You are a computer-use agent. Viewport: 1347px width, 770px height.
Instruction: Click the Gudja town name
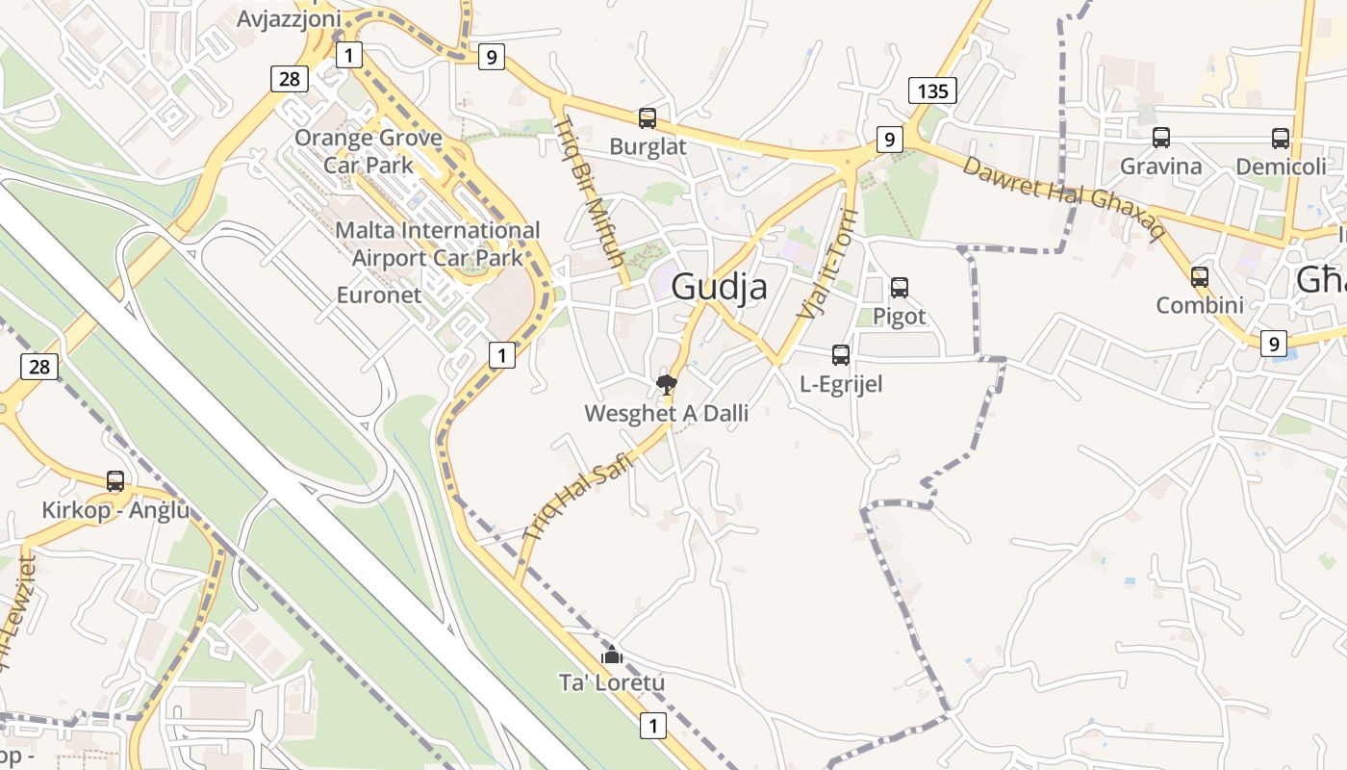(x=719, y=286)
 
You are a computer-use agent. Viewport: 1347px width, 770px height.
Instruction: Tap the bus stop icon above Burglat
(x=648, y=118)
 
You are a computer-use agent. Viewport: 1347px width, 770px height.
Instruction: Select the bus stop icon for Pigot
(x=900, y=287)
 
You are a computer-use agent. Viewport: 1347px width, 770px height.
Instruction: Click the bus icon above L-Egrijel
(x=841, y=355)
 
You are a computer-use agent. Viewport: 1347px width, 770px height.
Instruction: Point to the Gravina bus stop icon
(x=1161, y=138)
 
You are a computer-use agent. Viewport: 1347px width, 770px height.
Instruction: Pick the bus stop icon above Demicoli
(x=1281, y=138)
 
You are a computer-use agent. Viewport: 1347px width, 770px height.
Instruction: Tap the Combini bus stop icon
(x=1200, y=276)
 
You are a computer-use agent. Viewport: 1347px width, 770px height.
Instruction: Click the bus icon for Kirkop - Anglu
(x=115, y=480)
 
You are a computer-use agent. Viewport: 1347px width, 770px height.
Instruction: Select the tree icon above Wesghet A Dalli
(x=666, y=385)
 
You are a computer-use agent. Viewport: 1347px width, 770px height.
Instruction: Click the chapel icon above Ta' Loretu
(x=612, y=654)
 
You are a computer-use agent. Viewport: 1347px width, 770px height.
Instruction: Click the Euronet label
(x=378, y=295)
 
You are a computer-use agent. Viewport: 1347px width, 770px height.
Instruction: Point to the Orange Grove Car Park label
(x=368, y=150)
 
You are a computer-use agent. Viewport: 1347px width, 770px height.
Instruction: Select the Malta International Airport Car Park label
(x=437, y=244)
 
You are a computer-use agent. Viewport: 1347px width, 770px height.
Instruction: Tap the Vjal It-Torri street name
(x=826, y=264)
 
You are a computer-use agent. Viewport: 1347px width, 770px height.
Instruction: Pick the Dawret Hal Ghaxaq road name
(x=1063, y=198)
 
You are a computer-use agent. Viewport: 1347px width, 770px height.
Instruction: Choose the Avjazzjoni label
(x=289, y=18)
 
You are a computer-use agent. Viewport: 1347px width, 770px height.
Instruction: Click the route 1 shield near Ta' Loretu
(x=652, y=725)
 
